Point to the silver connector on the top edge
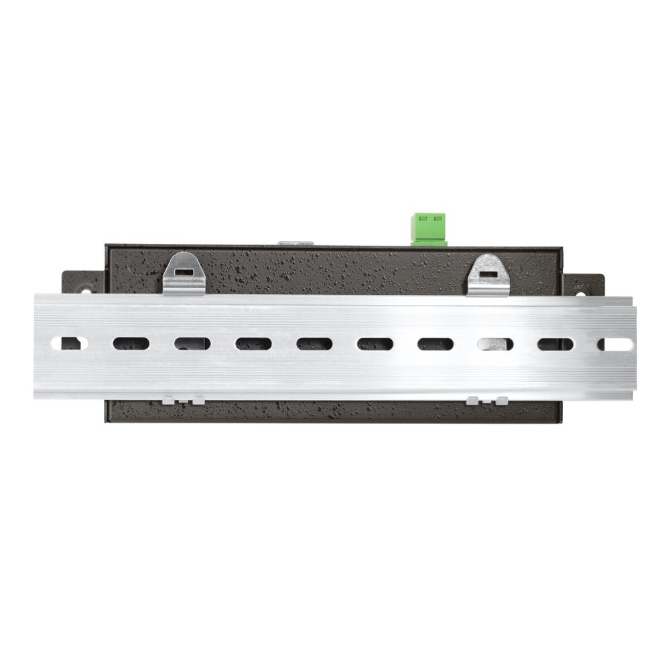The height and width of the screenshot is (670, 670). click(295, 243)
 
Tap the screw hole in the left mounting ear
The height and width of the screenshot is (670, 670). click(86, 291)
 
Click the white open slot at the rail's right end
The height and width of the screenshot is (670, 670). click(615, 344)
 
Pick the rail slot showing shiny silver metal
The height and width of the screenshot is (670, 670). click(494, 344)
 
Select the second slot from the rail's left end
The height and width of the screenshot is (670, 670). click(131, 344)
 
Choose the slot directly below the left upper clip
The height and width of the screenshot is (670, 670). click(192, 344)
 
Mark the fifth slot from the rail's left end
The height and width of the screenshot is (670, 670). click(314, 344)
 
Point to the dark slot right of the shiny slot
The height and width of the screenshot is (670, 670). click(555, 344)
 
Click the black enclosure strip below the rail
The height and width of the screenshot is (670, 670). click(335, 411)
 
